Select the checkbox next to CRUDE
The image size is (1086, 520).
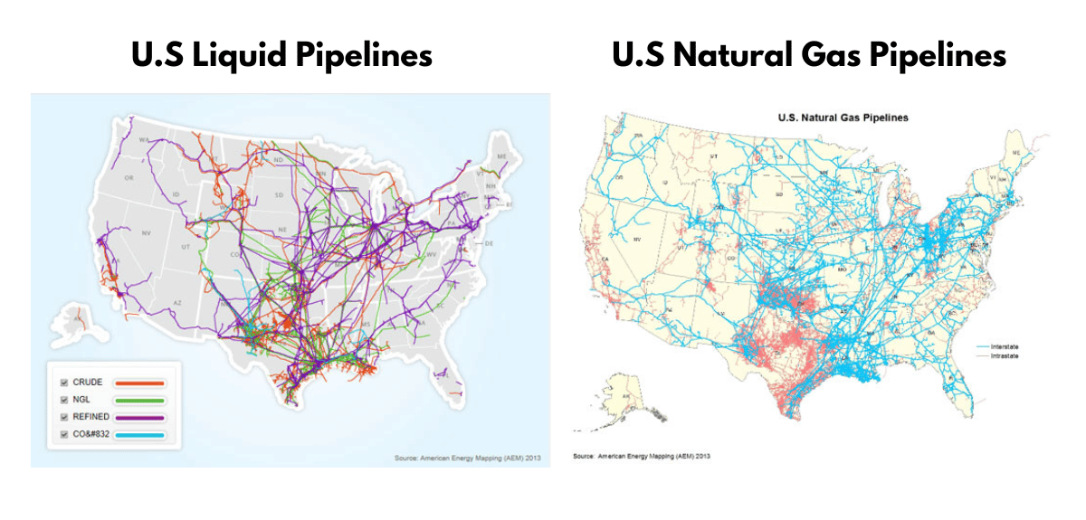click(64, 382)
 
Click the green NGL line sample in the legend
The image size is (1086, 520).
click(138, 399)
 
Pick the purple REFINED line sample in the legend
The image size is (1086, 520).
click(138, 417)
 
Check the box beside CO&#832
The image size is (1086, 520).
click(64, 435)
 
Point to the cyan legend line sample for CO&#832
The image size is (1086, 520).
click(138, 435)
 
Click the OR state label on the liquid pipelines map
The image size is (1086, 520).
click(129, 177)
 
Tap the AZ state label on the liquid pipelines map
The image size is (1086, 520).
click(178, 302)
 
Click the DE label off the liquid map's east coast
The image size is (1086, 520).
click(490, 244)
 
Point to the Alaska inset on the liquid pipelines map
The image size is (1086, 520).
click(77, 317)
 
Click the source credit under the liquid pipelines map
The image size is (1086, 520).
click(466, 459)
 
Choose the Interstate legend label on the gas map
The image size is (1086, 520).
click(1005, 347)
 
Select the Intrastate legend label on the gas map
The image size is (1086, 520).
click(1005, 357)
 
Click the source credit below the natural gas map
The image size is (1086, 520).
click(642, 456)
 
